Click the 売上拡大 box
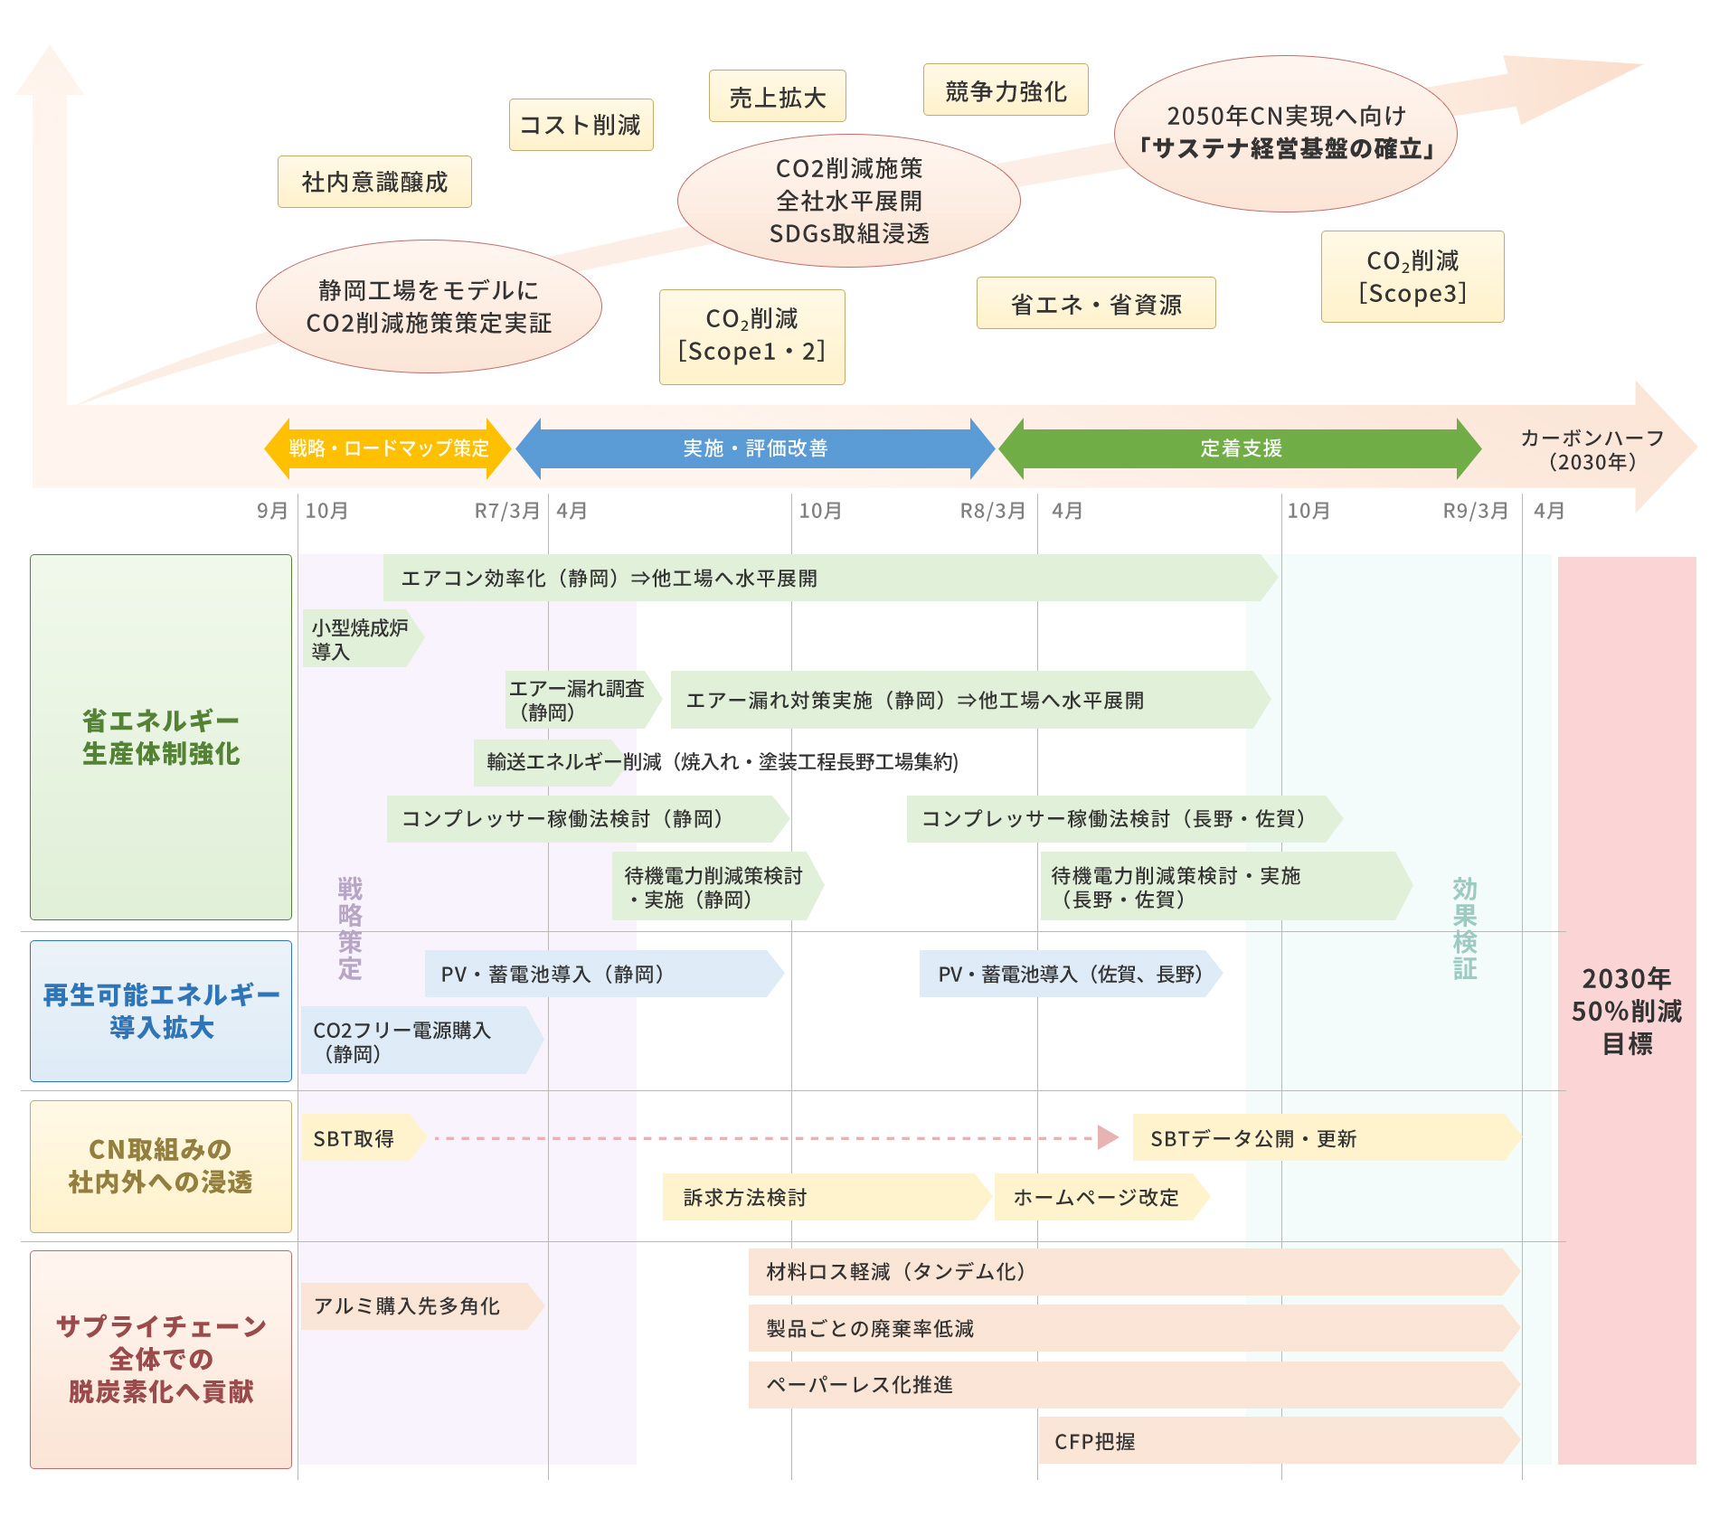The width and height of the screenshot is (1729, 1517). coord(777,96)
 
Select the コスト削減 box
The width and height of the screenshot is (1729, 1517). coord(581,125)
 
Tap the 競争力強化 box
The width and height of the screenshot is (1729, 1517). coord(1005,90)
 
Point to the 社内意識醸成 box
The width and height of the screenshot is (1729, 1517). coord(374,182)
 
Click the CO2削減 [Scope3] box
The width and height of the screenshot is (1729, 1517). coord(1412,277)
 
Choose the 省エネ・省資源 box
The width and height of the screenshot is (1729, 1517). coord(1095,304)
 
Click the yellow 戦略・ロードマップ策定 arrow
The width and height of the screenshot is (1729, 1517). coord(388,448)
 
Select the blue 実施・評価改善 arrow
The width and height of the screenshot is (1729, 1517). coord(755,448)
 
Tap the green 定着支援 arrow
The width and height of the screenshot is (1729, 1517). coord(1240,448)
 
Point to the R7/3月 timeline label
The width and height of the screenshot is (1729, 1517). coord(506,511)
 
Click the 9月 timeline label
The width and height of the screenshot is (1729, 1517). coord(271,511)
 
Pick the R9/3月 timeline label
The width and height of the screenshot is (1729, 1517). coord(1475,511)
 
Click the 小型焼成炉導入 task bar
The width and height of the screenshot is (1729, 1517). coord(360,639)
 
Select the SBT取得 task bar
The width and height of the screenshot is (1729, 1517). coord(360,1138)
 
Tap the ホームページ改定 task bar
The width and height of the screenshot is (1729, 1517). coord(1098,1197)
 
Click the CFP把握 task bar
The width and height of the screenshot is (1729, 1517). coord(1275,1441)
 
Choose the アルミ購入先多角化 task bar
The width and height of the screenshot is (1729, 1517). coord(418,1305)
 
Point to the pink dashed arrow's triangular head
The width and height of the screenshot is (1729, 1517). coord(1107,1137)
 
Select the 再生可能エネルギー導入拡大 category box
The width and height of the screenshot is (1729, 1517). coord(161,1011)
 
